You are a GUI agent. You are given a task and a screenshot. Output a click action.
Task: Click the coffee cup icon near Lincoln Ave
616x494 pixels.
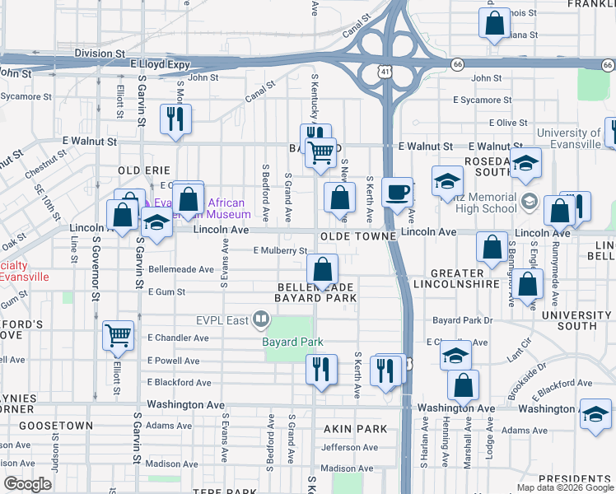tap(398, 193)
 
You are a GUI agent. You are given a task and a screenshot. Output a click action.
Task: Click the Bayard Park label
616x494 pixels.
tap(292, 342)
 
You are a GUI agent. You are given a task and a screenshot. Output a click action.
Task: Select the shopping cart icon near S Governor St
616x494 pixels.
tap(119, 336)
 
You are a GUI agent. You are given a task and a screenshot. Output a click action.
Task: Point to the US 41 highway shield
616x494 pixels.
tap(385, 73)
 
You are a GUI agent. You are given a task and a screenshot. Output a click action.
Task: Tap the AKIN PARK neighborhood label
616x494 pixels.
tap(355, 429)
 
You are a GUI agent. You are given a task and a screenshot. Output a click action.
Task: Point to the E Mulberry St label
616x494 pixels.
tap(280, 250)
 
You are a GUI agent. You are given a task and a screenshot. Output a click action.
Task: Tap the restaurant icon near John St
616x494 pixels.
tap(175, 119)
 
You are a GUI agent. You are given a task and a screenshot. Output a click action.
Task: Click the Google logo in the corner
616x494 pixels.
tap(28, 483)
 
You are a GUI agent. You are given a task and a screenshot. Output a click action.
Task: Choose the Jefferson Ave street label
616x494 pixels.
tap(349, 448)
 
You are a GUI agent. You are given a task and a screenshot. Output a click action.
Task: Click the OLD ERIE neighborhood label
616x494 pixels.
tap(143, 170)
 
